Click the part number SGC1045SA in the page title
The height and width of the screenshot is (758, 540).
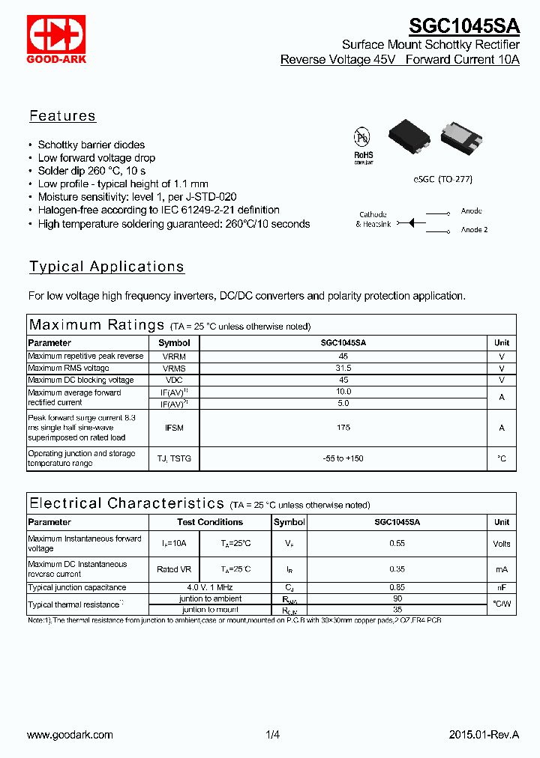(463, 26)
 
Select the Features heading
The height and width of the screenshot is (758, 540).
(62, 116)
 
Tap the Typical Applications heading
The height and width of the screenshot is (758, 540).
(106, 267)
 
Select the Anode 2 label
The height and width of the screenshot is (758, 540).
(474, 230)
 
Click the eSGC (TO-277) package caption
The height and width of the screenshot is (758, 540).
(442, 180)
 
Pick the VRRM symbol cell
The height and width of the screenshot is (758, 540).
(174, 357)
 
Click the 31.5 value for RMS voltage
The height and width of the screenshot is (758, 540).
(343, 369)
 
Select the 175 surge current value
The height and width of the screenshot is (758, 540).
(343, 428)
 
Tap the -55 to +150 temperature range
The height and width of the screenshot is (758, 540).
(343, 458)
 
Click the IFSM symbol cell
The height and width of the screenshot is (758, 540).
(174, 428)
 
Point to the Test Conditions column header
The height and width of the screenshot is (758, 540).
(210, 522)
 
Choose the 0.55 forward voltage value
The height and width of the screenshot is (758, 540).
(397, 544)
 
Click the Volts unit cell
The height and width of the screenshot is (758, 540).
(502, 544)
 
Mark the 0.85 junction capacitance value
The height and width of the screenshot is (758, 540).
(397, 588)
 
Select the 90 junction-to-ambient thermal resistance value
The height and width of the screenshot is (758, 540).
(397, 598)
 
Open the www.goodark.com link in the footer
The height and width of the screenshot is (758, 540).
(70, 736)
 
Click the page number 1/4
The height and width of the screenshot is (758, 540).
(272, 736)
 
